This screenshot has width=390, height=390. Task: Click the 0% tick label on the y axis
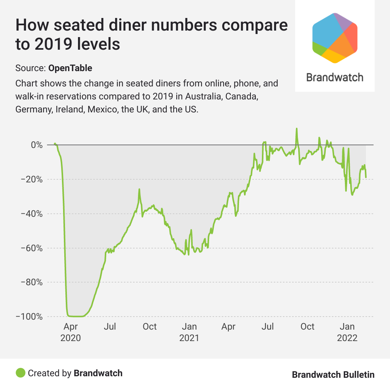click(36, 145)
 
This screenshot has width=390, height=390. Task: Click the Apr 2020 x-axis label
click(71, 332)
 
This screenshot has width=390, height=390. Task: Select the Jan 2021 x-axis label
click(189, 332)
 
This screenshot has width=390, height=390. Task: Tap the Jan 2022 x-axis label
click(347, 332)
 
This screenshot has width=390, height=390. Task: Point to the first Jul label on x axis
click(110, 327)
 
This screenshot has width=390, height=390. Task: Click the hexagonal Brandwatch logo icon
click(335, 37)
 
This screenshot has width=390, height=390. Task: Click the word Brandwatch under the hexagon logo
click(335, 77)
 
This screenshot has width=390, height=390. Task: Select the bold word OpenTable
click(70, 68)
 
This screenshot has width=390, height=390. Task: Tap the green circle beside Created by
click(20, 373)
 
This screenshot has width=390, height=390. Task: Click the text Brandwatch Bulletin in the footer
click(333, 374)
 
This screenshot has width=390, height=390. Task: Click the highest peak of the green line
click(296, 129)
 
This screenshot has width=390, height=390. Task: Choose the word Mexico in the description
click(102, 109)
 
